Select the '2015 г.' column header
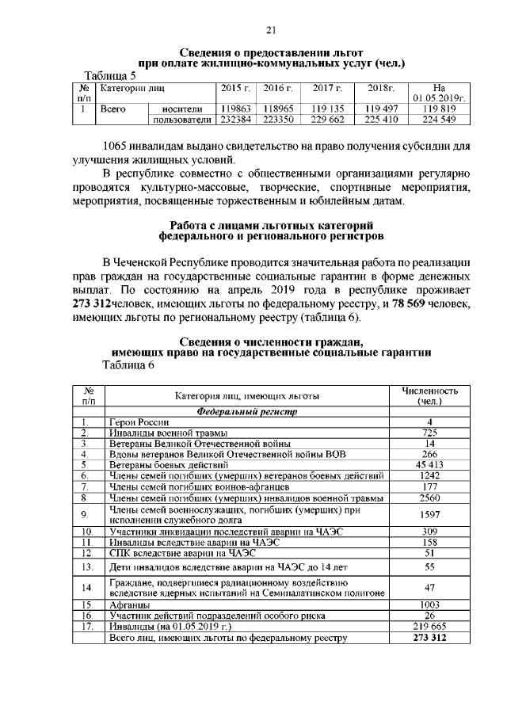(x=235, y=87)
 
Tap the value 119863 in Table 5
(x=235, y=109)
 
